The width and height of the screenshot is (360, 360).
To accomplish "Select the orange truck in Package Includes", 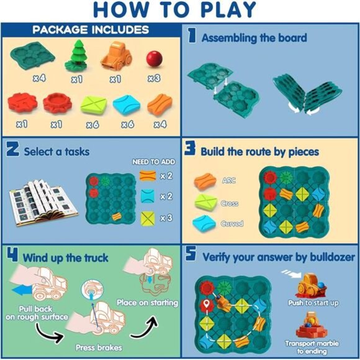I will coord(116,55).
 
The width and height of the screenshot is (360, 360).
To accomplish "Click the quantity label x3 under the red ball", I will coord(153,79).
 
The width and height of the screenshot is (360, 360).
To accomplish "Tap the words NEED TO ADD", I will coord(153,162).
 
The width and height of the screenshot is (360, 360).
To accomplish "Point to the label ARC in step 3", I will coord(229,181).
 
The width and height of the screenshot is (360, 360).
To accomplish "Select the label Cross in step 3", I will coord(230,203).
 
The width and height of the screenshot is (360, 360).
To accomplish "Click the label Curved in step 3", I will coord(232,223).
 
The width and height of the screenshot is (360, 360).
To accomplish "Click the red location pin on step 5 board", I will coord(204,304).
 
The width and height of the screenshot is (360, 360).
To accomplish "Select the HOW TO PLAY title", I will coord(180,11).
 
